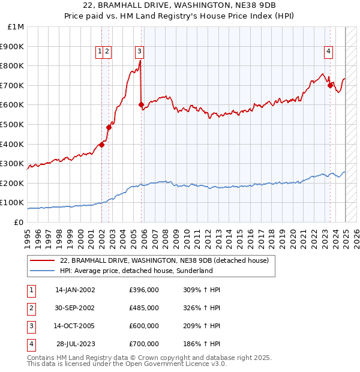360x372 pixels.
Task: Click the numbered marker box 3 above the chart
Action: (139, 52)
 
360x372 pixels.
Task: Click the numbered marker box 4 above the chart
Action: (329, 52)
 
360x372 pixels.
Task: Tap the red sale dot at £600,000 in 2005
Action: (142, 105)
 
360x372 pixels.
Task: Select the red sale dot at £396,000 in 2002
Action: (102, 145)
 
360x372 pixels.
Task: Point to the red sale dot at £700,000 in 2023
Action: (331, 85)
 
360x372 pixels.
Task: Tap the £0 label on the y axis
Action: (19, 222)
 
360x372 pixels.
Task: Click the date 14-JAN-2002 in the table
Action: (75, 290)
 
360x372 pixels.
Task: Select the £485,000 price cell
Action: (144, 308)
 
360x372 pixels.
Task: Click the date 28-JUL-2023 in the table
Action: (76, 344)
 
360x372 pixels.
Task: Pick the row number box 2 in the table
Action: (31, 308)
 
